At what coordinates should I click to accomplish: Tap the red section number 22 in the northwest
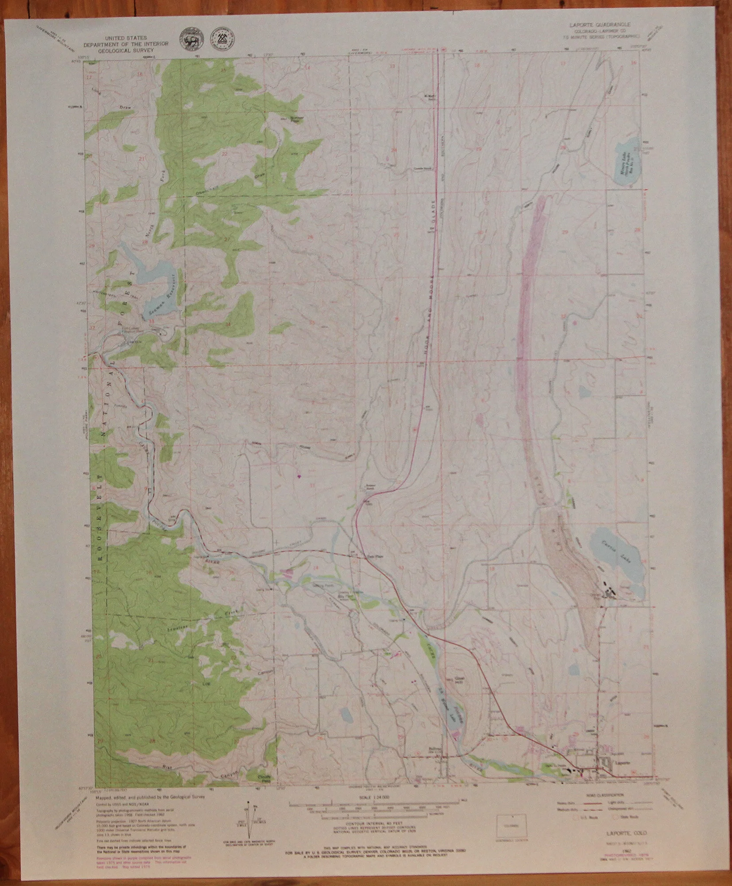[225, 154]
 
